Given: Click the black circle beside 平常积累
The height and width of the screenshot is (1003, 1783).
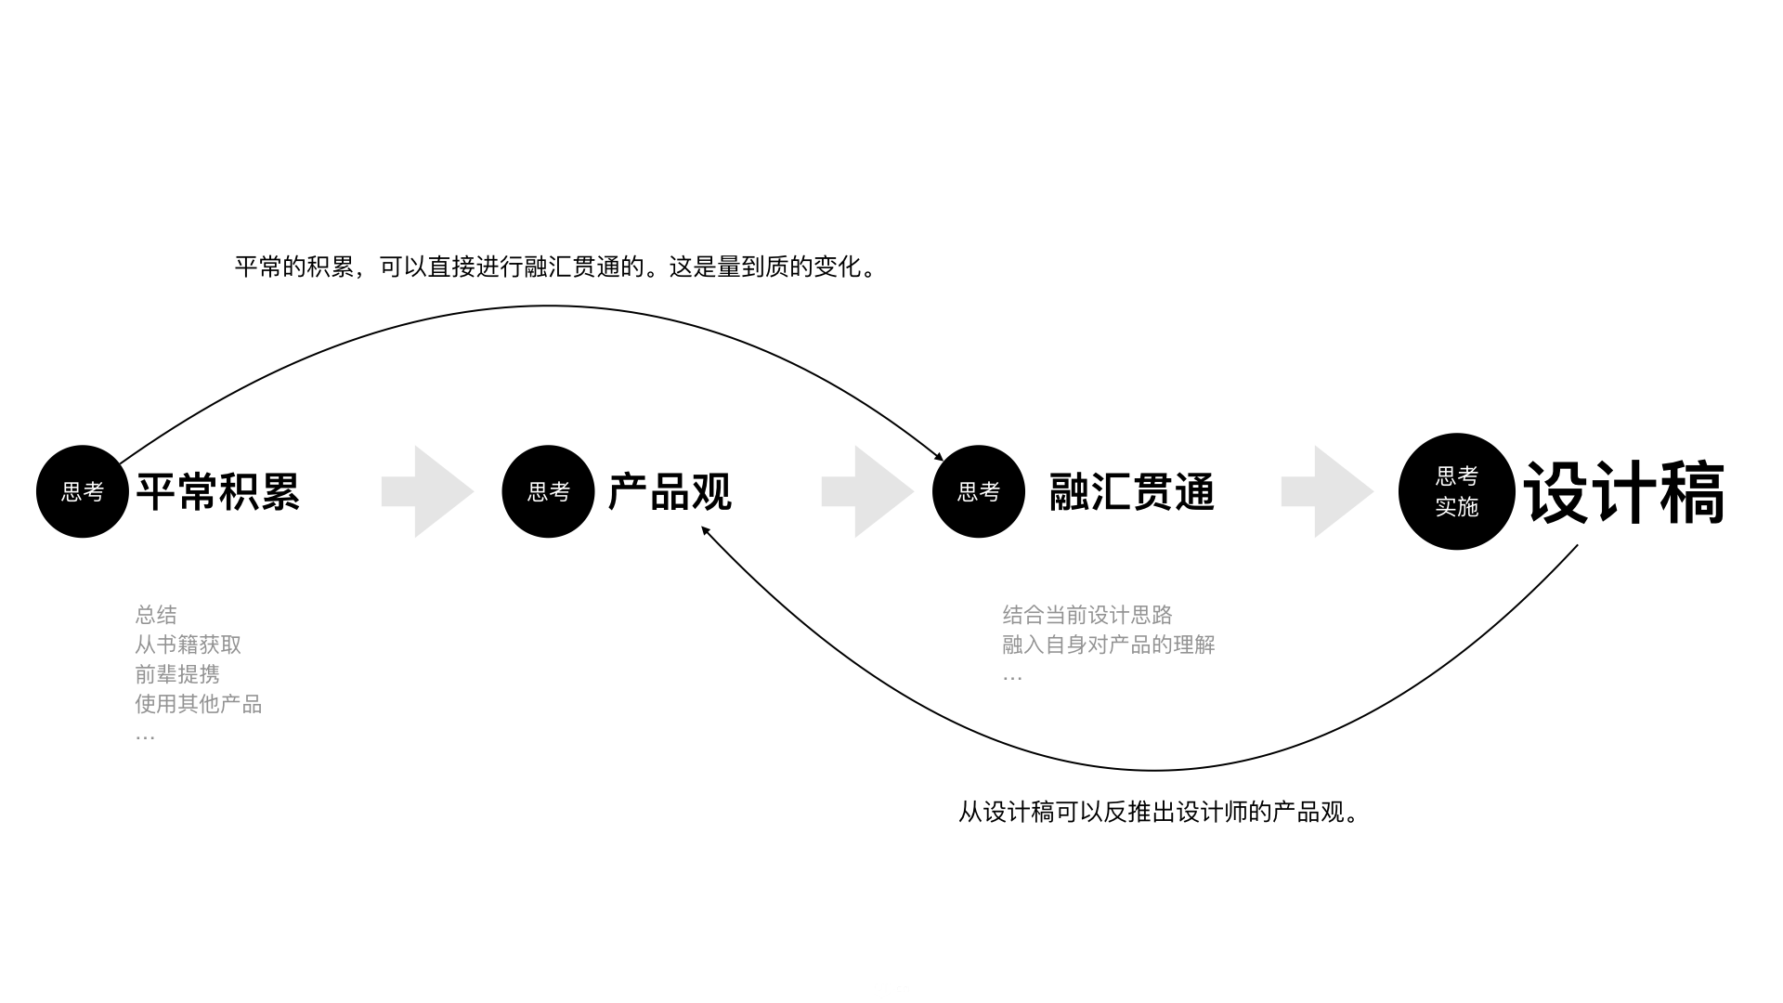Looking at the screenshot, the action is [83, 491].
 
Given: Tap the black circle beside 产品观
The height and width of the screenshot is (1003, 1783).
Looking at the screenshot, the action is [548, 491].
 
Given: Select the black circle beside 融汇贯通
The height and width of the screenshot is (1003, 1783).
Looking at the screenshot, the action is [979, 491].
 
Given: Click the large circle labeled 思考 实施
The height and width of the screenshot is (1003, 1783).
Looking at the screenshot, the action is [1457, 491].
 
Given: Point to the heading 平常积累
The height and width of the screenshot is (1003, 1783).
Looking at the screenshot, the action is [218, 492].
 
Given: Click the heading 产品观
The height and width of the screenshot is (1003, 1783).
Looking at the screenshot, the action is [670, 492].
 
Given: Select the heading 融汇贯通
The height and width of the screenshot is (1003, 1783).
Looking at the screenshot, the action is [1132, 492].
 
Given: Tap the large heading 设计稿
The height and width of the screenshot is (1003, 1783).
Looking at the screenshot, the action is [1624, 492].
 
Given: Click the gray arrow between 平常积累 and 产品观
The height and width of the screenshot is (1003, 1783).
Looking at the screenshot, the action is [428, 491].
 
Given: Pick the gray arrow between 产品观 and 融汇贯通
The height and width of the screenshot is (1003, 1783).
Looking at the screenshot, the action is [868, 491].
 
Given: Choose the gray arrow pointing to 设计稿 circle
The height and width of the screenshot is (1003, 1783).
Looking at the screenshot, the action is [1328, 491].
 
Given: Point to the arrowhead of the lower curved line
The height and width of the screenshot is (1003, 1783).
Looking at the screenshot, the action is [705, 530].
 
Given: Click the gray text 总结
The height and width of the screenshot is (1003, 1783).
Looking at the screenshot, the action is [156, 615].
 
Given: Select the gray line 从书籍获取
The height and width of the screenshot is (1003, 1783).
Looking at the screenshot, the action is [189, 645].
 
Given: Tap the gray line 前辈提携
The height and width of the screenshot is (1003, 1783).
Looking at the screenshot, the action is [177, 674].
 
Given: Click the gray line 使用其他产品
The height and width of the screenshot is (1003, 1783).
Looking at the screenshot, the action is [199, 704].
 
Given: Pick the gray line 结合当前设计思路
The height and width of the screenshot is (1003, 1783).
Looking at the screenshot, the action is [1087, 615].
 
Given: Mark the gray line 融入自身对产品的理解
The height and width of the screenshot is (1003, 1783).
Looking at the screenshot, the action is [1109, 645].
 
